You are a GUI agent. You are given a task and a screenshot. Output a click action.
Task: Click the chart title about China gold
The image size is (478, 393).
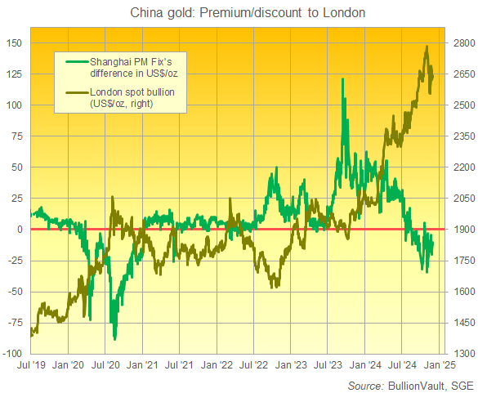pos(238,12)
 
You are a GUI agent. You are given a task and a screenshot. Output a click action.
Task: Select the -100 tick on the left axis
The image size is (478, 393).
pos(12,353)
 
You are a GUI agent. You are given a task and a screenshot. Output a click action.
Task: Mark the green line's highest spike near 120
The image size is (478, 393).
pos(342,79)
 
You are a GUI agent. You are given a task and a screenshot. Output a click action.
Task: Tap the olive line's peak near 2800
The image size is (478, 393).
pos(427,47)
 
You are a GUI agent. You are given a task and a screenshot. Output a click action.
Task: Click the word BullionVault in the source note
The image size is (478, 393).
pos(417,383)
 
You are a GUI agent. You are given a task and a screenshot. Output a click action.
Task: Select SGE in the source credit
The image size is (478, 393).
pos(462,383)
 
